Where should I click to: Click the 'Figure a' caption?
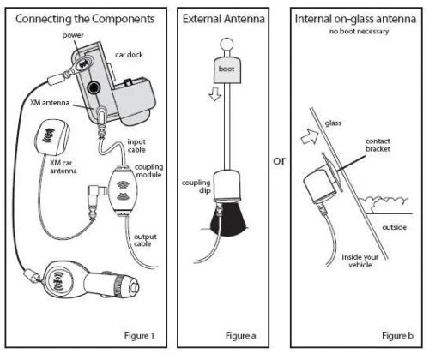point(233,334)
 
